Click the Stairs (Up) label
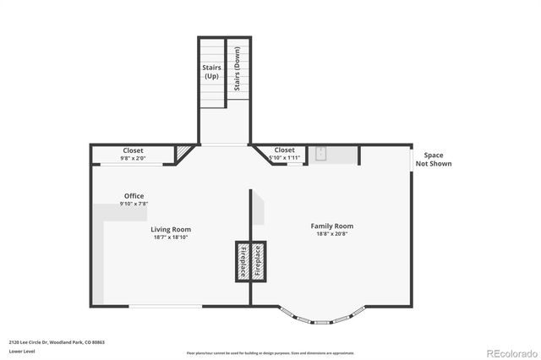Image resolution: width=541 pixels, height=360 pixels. click(210, 72)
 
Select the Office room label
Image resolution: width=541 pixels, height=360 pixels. click(134, 196)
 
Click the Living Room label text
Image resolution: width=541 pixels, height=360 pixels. click(171, 229)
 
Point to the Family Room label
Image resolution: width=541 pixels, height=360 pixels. click(331, 226)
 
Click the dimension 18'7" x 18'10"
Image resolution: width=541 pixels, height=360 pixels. click(171, 237)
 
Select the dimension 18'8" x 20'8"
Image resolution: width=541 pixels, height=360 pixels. click(331, 234)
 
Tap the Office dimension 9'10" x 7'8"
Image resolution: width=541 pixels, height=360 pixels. click(134, 204)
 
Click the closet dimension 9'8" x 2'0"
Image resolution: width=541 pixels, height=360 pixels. click(133, 157)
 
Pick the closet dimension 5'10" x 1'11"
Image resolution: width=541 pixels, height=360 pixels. click(284, 157)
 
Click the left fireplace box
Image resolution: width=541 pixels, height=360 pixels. click(241, 262)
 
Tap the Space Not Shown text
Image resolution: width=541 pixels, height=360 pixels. click(433, 159)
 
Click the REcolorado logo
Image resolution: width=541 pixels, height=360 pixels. click(510, 352)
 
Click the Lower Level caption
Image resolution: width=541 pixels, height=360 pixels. click(21, 350)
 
